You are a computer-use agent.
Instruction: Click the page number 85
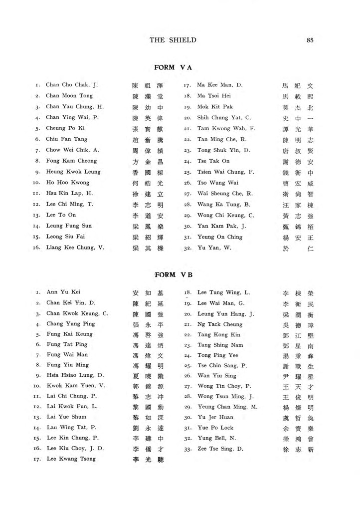pos(310,40)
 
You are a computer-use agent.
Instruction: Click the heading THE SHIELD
pos(173,40)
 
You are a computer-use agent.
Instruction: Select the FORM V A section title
pos(173,67)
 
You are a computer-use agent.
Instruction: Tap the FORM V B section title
pos(173,275)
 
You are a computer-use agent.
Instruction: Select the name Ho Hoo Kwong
pos(68,183)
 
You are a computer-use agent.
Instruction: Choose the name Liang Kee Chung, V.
pos(75,248)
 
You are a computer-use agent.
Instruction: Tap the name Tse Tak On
pos(213,161)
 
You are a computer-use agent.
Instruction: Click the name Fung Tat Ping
pos(67,344)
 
